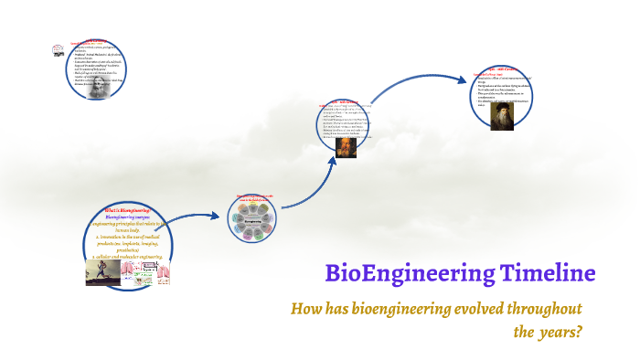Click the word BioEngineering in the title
410,273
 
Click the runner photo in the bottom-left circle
103,271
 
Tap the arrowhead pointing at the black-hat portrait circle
462,79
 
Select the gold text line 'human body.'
133,229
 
